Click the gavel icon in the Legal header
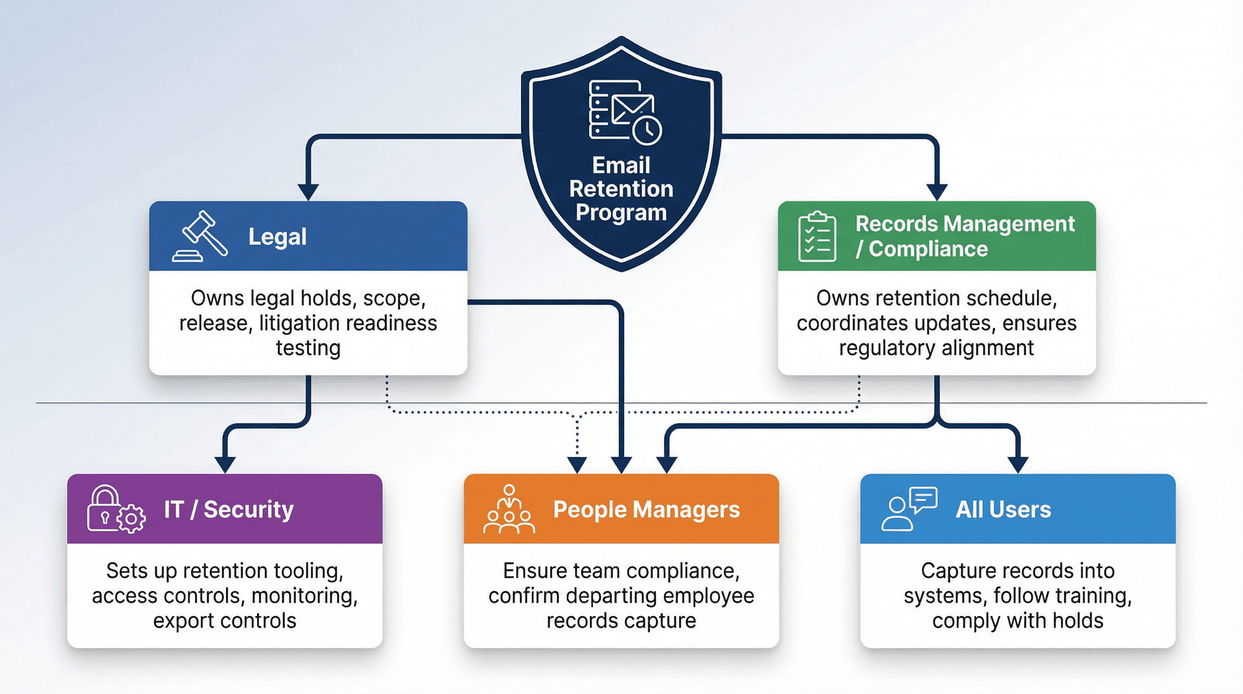(200, 236)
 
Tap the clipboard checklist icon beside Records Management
(817, 236)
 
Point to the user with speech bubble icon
(908, 509)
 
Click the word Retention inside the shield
(621, 189)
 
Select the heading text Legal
(277, 237)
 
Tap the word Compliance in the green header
(928, 249)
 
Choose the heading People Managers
(646, 510)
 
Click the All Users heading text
(1003, 510)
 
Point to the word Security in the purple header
(249, 510)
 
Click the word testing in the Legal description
(308, 348)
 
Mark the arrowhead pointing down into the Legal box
(308, 192)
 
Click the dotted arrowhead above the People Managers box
(577, 464)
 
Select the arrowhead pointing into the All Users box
(1018, 464)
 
